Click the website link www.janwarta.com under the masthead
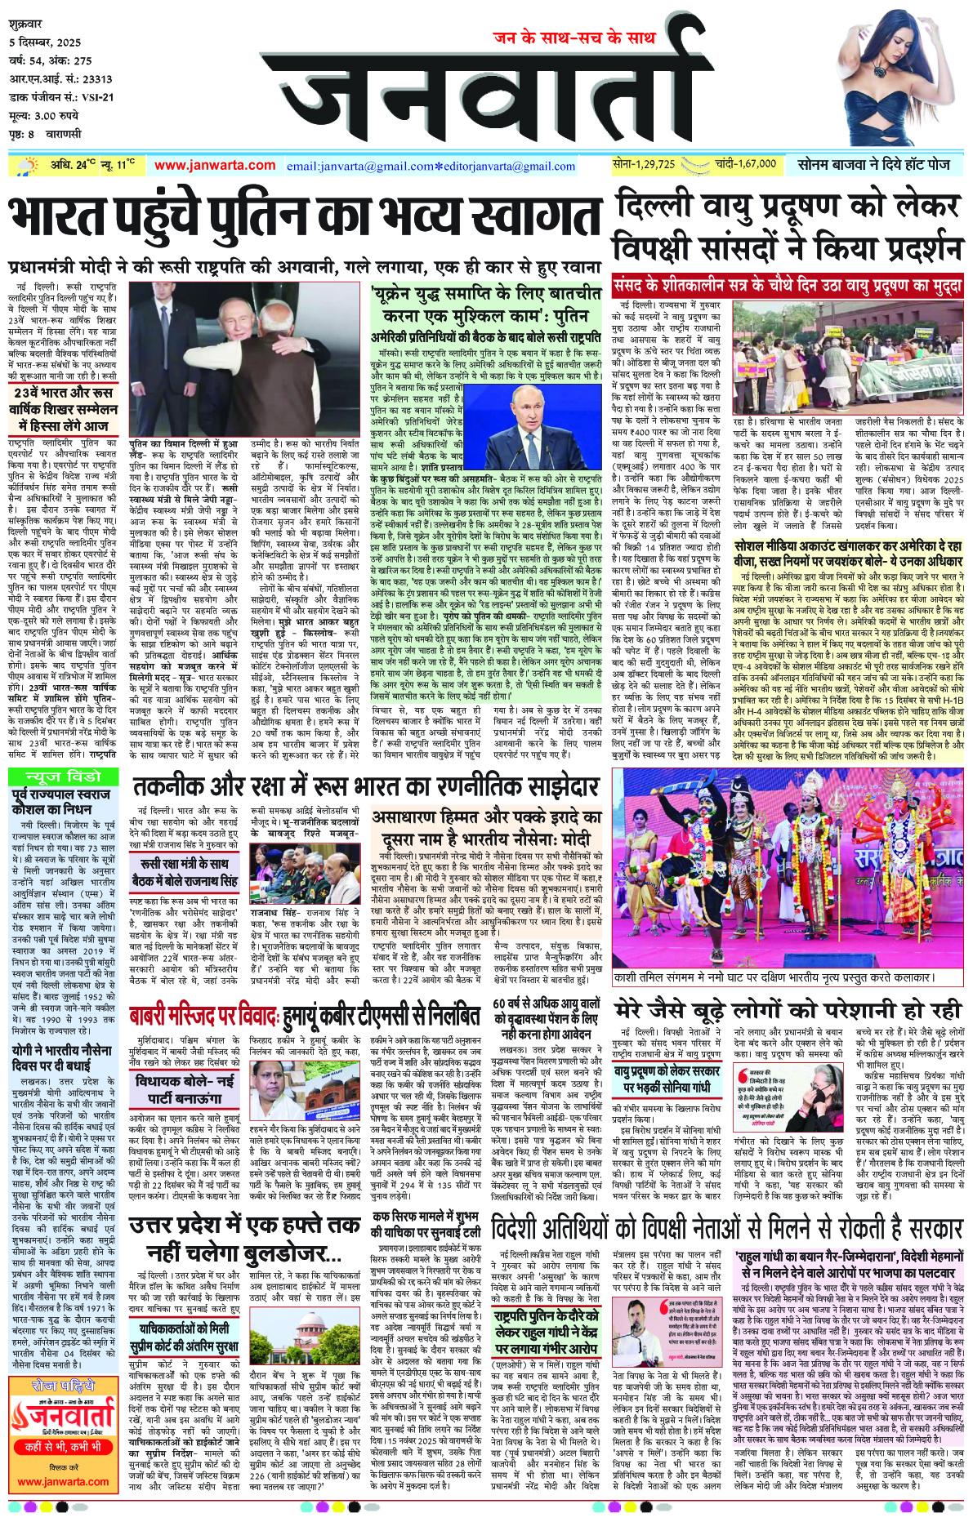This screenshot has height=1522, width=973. pyautogui.click(x=215, y=165)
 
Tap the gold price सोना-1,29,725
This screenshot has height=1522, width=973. pyautogui.click(x=644, y=164)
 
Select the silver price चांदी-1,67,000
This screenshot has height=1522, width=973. pyautogui.click(x=745, y=164)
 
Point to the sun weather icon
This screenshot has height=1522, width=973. pyautogui.click(x=30, y=165)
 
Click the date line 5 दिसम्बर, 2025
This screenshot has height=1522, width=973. pyautogui.click(x=45, y=42)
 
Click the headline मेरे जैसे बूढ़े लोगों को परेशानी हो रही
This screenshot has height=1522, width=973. pyautogui.click(x=788, y=1009)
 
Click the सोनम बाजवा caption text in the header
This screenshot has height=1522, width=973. pyautogui.click(x=873, y=164)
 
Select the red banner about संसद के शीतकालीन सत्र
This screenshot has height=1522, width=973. pyautogui.click(x=787, y=287)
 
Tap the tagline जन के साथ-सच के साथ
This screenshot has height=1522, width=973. pyautogui.click(x=574, y=38)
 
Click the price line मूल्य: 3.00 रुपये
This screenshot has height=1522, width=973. pyautogui.click(x=44, y=116)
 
